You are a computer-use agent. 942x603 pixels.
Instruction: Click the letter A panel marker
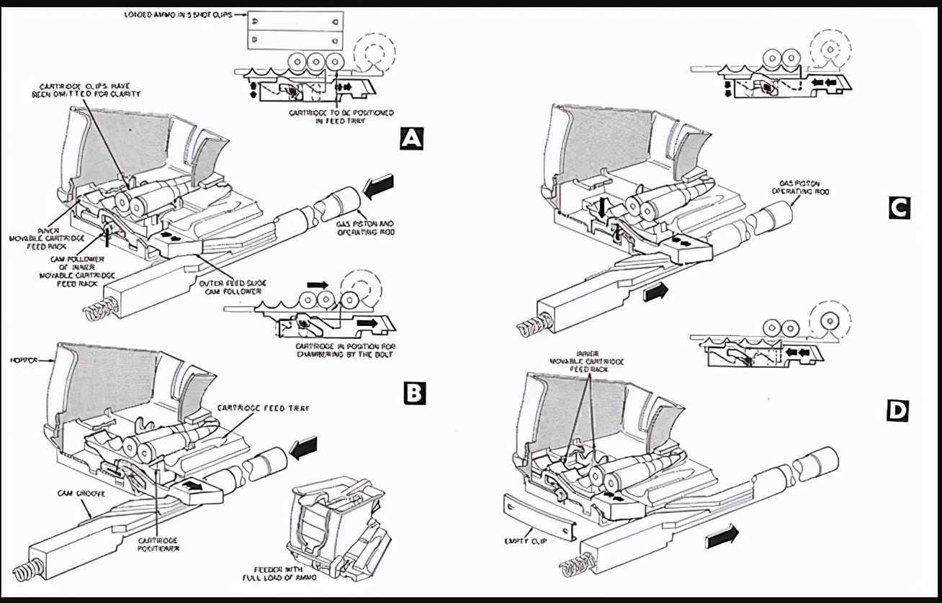click(x=411, y=138)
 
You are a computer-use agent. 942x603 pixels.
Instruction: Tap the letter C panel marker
click(x=898, y=209)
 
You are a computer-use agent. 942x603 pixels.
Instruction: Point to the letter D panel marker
click(x=898, y=410)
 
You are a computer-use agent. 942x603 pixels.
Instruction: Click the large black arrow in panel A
click(x=380, y=188)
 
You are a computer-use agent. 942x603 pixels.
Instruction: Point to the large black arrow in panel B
click(x=303, y=449)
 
